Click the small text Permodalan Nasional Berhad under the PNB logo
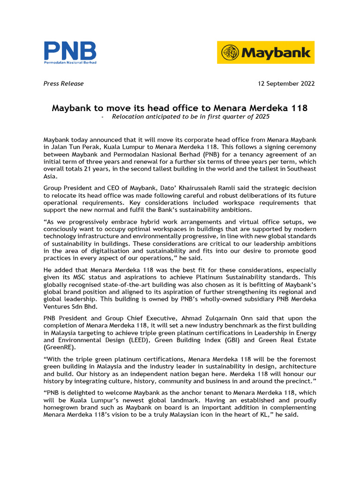pyautogui.click(x=70, y=62)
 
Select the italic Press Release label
pyautogui.click(x=63, y=83)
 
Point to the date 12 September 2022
pyautogui.click(x=286, y=83)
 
